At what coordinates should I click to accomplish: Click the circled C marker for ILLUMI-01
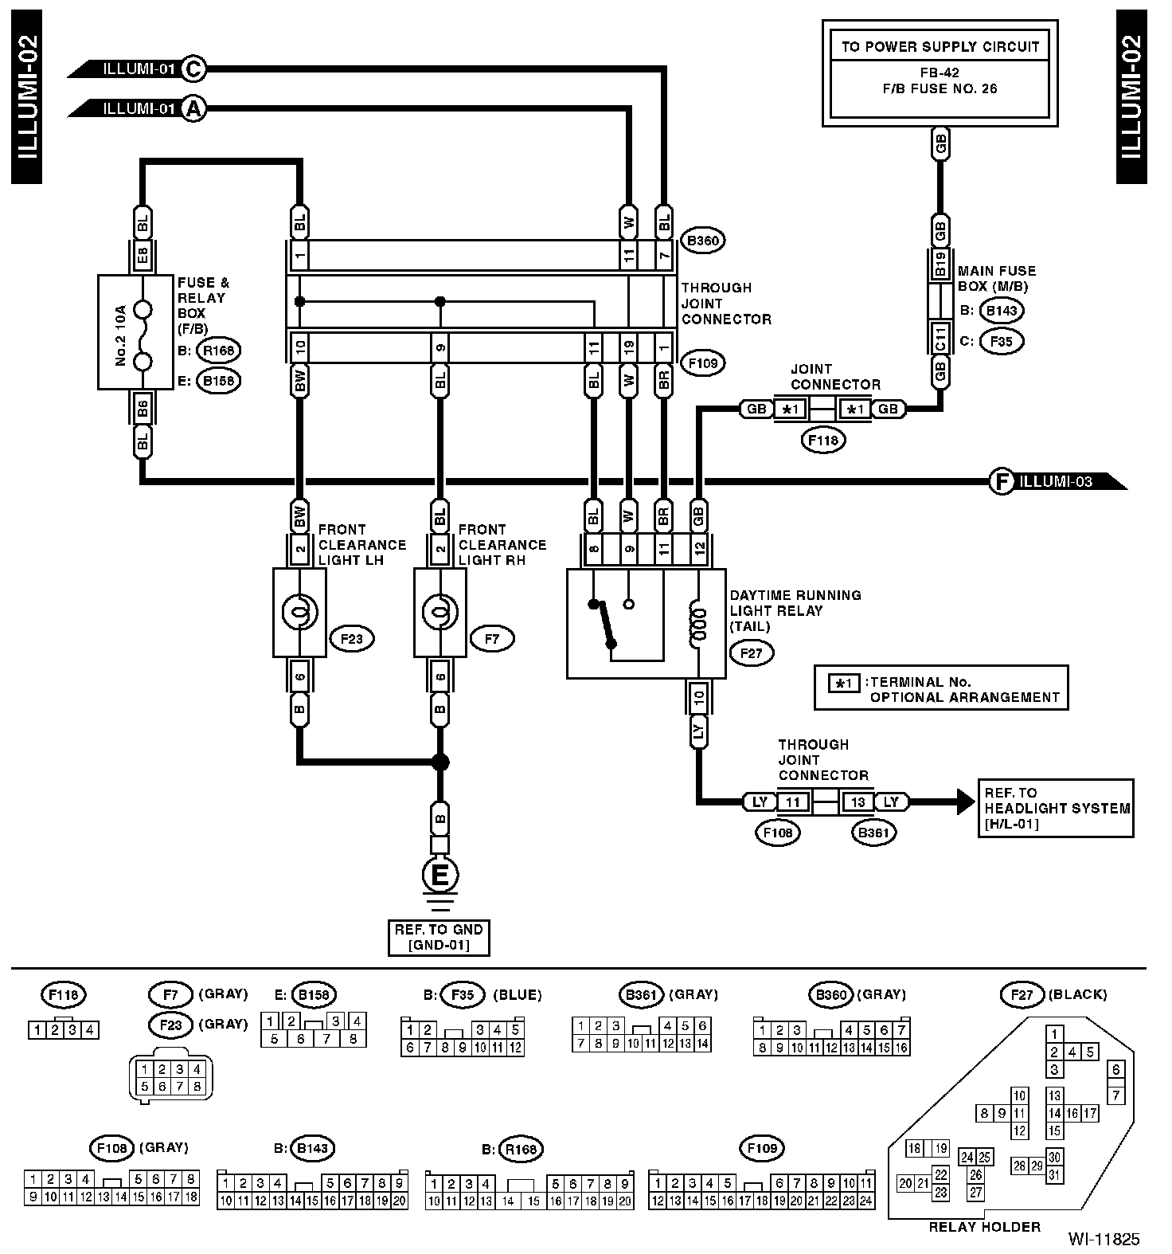pos(193,69)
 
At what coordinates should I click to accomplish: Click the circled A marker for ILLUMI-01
pos(193,108)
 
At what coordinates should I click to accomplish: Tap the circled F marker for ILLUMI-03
pos(1001,481)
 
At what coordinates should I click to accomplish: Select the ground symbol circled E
pos(439,876)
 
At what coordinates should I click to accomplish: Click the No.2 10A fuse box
pos(135,332)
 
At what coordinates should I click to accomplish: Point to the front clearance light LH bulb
pos(299,613)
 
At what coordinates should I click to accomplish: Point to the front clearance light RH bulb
pos(439,613)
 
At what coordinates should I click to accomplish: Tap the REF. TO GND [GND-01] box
pos(439,937)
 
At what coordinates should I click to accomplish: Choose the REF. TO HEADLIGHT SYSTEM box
pos(1056,808)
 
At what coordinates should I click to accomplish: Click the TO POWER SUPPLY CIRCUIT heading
pos(940,46)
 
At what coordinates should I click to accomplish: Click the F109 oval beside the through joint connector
pos(703,363)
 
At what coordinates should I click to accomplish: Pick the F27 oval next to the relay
pos(752,654)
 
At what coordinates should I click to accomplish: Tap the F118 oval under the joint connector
pos(824,439)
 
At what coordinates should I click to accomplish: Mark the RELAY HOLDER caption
pos(985,1227)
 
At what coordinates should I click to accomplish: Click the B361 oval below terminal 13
pos(873,833)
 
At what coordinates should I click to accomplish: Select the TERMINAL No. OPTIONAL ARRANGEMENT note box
pos(941,688)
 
